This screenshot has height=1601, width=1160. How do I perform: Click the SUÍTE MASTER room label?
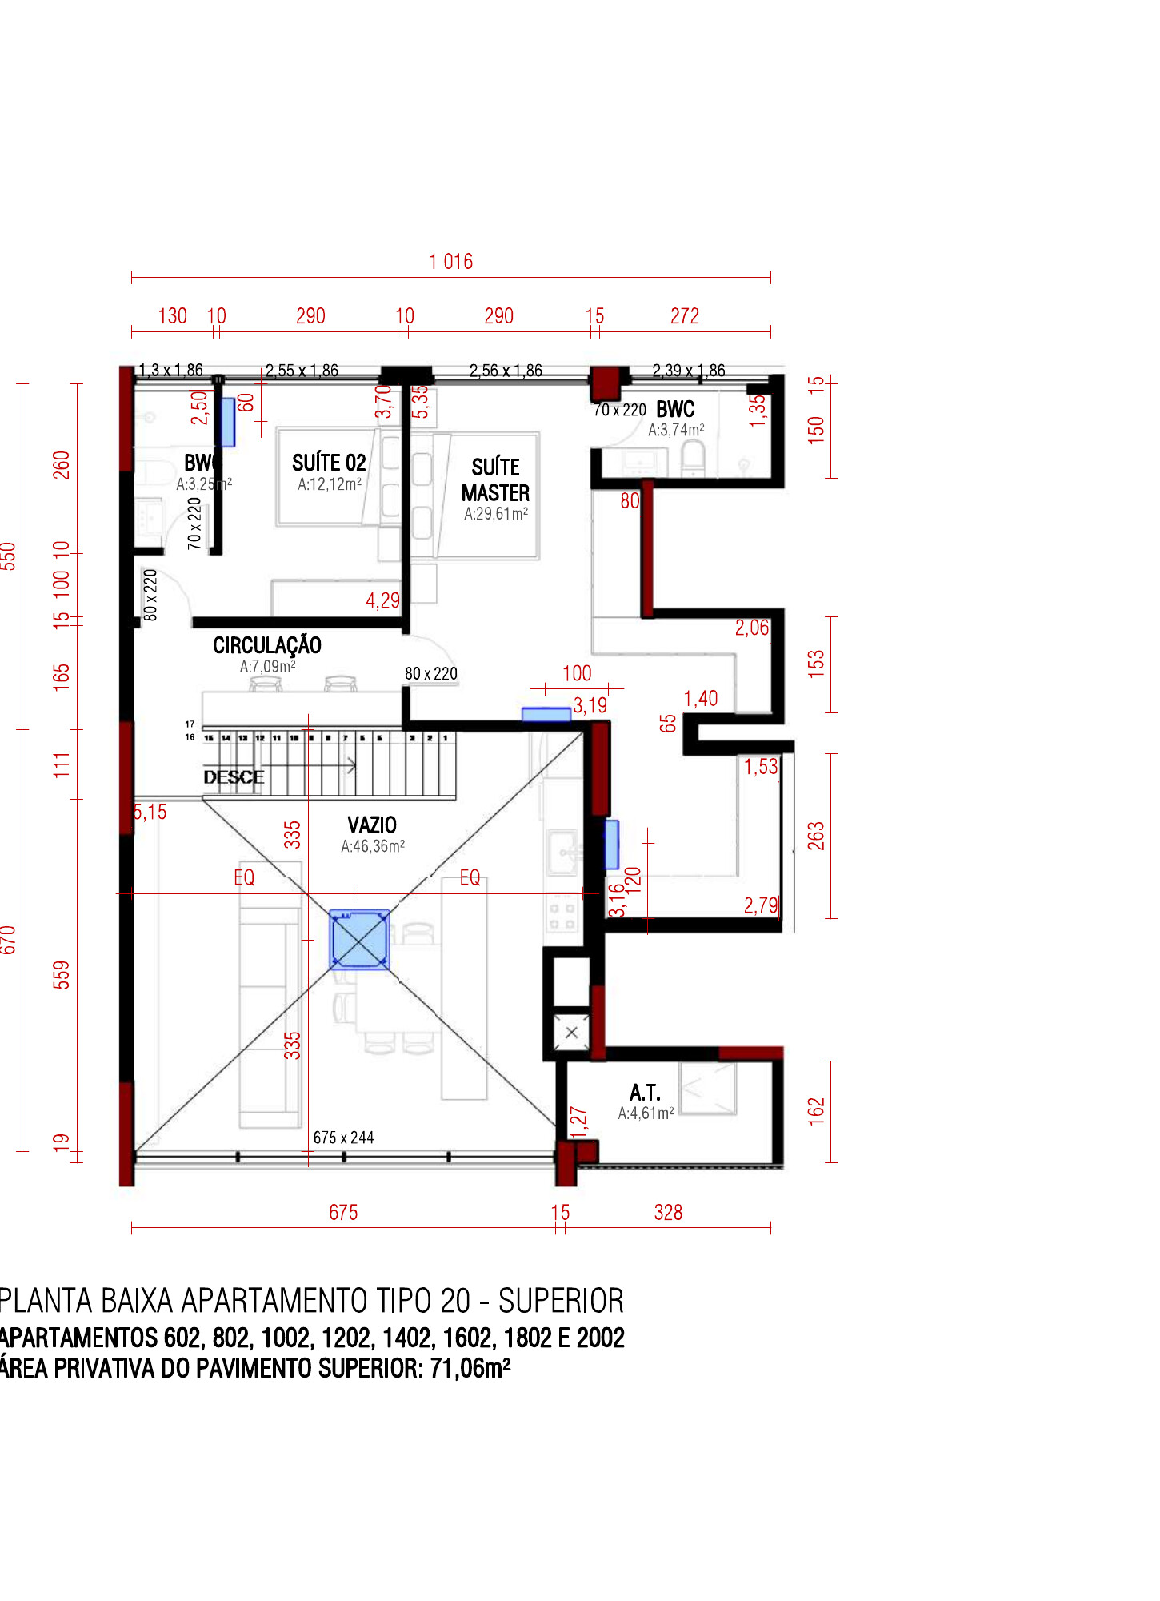pyautogui.click(x=495, y=479)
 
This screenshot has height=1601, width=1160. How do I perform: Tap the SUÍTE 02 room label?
pyautogui.click(x=329, y=463)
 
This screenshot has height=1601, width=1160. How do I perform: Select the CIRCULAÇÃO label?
pyautogui.click(x=267, y=645)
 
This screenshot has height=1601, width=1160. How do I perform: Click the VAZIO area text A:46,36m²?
pyautogui.click(x=373, y=846)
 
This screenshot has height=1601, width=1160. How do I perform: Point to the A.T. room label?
pyautogui.click(x=645, y=1093)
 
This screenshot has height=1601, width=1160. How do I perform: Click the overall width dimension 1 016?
pyautogui.click(x=450, y=262)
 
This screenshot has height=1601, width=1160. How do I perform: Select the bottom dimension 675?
pyautogui.click(x=343, y=1212)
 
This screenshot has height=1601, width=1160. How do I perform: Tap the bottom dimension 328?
pyautogui.click(x=668, y=1212)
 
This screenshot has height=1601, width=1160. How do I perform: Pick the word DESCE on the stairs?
pyautogui.click(x=233, y=777)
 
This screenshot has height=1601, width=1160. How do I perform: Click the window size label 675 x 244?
pyautogui.click(x=343, y=1138)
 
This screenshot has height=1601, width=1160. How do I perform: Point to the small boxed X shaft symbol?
pyautogui.click(x=571, y=1033)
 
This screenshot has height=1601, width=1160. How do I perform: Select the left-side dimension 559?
pyautogui.click(x=62, y=974)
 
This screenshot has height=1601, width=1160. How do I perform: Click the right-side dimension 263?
pyautogui.click(x=815, y=836)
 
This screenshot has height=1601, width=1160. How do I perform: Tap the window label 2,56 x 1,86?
pyautogui.click(x=506, y=371)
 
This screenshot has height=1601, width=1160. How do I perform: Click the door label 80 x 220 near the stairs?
pyautogui.click(x=431, y=674)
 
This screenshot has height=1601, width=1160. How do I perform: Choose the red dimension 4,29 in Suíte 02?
pyautogui.click(x=382, y=600)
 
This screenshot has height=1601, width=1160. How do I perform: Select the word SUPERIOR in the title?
pyautogui.click(x=561, y=1301)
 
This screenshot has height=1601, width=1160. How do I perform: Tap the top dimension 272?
pyautogui.click(x=685, y=316)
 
